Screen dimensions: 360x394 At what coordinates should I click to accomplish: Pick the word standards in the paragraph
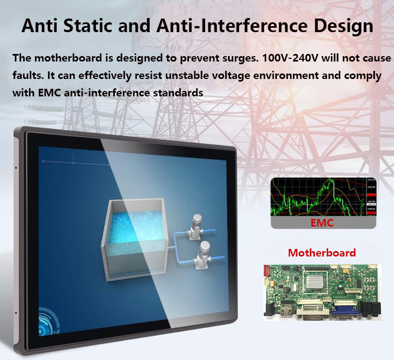(176, 93)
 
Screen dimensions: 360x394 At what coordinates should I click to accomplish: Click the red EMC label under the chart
(322, 223)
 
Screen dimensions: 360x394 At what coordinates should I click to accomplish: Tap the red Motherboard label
(322, 253)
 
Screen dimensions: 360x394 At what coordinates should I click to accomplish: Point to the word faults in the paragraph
(25, 75)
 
